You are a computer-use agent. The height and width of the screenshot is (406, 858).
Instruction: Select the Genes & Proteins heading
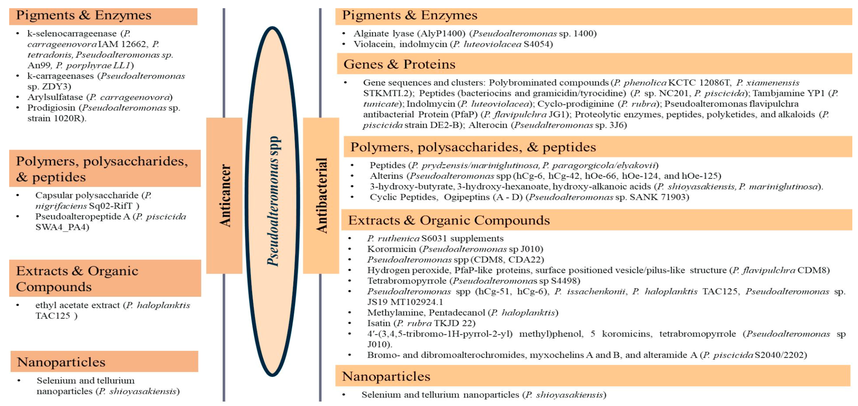(x=399, y=64)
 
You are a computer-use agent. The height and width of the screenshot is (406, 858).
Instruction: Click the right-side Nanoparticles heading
(x=386, y=376)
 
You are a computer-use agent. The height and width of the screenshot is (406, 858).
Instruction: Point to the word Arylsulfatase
(x=55, y=97)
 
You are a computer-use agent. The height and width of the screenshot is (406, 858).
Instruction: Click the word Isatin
(x=379, y=323)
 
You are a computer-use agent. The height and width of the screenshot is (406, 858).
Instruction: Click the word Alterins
(x=386, y=176)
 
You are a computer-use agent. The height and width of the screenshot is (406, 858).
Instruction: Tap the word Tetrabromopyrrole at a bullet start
(x=407, y=281)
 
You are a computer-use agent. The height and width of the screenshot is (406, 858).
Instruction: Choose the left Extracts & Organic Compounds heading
(x=77, y=278)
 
